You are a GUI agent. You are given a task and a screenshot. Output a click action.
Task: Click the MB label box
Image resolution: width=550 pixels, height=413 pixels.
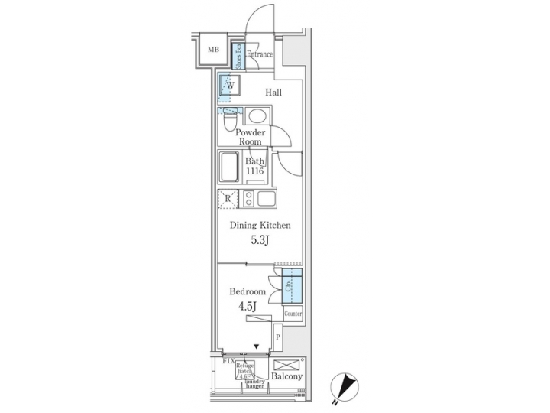tap(214, 51)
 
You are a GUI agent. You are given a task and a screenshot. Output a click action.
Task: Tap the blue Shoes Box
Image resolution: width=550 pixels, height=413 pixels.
tap(238, 55)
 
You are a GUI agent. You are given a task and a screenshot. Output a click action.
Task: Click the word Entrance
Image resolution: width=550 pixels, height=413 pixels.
tap(260, 54)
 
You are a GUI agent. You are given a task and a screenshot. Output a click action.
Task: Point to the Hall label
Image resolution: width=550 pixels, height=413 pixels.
tap(273, 93)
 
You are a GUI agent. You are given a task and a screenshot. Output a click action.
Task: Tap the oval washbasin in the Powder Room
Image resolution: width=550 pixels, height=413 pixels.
tap(257, 116)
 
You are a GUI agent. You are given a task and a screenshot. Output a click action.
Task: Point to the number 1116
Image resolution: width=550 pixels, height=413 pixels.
tap(254, 171)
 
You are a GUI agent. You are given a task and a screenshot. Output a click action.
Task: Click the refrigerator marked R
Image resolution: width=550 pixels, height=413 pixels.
tap(227, 199)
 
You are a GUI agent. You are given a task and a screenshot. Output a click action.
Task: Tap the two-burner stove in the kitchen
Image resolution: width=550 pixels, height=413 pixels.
tap(248, 199)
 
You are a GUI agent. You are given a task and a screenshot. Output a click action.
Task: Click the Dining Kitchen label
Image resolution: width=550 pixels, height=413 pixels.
tap(260, 226)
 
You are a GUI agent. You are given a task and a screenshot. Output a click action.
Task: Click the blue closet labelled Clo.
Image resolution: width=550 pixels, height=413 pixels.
tap(293, 288)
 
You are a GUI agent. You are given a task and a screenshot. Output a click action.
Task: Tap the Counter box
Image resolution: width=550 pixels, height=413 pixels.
tap(293, 314)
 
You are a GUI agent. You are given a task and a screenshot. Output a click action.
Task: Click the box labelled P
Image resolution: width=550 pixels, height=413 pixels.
tap(278, 337)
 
